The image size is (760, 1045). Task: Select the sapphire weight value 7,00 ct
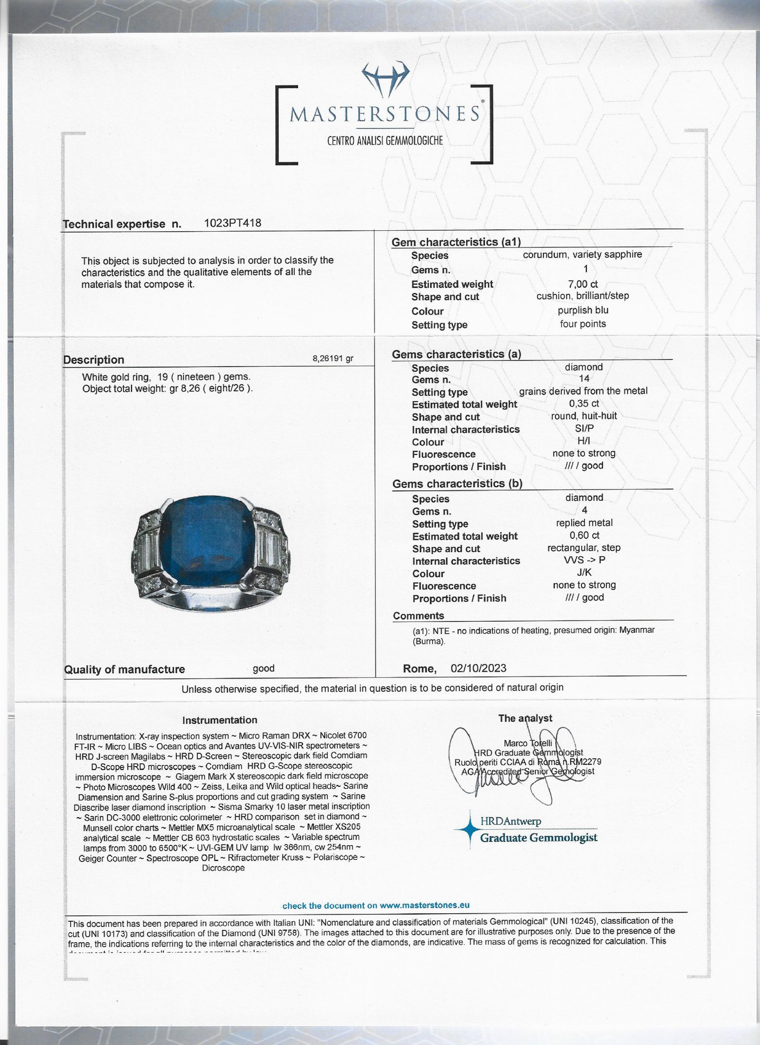coord(583,284)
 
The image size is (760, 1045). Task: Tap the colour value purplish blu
coord(583,310)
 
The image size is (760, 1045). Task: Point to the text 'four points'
coord(583,324)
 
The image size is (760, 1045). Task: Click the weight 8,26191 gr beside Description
coord(333,359)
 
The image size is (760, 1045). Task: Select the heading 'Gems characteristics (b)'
coord(457,484)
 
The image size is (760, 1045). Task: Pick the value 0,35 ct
coord(584,403)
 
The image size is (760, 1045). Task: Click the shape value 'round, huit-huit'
coord(584,415)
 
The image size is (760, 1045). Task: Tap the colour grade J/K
coord(584,573)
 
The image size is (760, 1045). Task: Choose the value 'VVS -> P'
coord(584,561)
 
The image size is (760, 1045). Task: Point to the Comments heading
coord(418,616)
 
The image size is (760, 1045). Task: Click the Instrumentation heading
coord(219,720)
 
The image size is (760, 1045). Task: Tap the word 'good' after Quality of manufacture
coord(264,668)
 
